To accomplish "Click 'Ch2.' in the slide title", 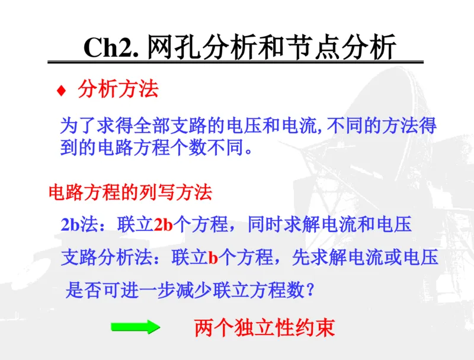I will pos(111,48).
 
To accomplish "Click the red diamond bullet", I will pos(60,91).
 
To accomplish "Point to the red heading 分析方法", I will pos(118,90).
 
